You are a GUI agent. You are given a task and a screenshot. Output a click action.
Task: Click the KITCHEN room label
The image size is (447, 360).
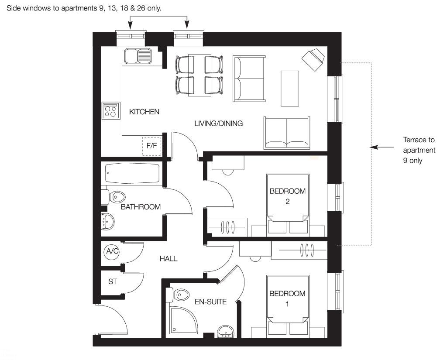click(144, 112)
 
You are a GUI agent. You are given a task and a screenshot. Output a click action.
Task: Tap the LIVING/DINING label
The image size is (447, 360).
click(218, 123)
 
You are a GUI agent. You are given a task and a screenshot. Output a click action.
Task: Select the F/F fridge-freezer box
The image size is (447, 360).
click(152, 146)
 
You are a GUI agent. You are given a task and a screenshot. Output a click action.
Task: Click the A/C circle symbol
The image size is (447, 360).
click(112, 252)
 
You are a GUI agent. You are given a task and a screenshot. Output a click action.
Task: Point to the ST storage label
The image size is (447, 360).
click(113, 281)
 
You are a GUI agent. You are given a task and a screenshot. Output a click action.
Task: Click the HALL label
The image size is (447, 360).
click(168, 258)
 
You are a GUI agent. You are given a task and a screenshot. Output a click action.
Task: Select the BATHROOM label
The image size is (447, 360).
click(141, 207)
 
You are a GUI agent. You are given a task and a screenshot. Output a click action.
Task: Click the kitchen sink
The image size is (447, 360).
click(138, 56)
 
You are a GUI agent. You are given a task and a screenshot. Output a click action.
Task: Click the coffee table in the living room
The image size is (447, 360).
click(290, 88)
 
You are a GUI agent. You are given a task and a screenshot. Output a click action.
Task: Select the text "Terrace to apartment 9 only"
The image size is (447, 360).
click(419, 150)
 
